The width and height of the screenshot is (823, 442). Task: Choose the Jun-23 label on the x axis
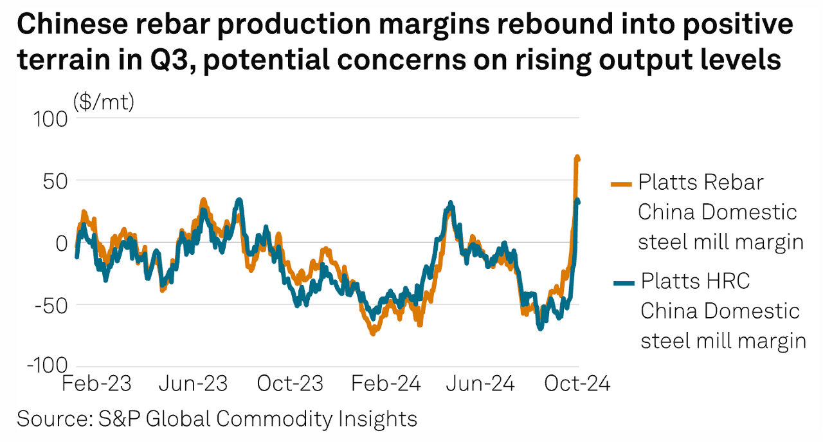click(193, 384)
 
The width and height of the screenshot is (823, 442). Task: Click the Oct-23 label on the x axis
click(290, 384)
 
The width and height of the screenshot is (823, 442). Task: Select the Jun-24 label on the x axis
click(482, 384)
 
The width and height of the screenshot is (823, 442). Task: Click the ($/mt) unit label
click(104, 101)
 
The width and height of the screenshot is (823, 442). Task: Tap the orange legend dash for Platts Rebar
click(619, 183)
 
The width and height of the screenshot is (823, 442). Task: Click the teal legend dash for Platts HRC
click(620, 282)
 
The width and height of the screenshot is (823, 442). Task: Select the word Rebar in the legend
click(733, 182)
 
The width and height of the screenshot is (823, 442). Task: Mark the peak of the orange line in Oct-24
click(577, 158)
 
